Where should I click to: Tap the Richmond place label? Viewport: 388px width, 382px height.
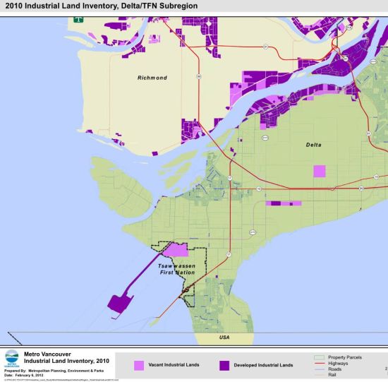[150, 78]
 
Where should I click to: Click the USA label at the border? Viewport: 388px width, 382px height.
[224, 338]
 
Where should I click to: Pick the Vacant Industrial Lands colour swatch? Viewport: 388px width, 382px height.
[139, 365]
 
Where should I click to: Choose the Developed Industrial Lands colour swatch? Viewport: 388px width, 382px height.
[225, 365]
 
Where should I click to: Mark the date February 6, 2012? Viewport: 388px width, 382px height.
[30, 375]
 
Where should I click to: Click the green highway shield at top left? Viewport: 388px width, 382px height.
[77, 20]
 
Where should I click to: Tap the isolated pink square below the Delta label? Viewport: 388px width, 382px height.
[320, 172]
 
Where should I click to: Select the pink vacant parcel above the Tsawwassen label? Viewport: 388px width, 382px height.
[176, 250]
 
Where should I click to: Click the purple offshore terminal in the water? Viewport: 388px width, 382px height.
[119, 302]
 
